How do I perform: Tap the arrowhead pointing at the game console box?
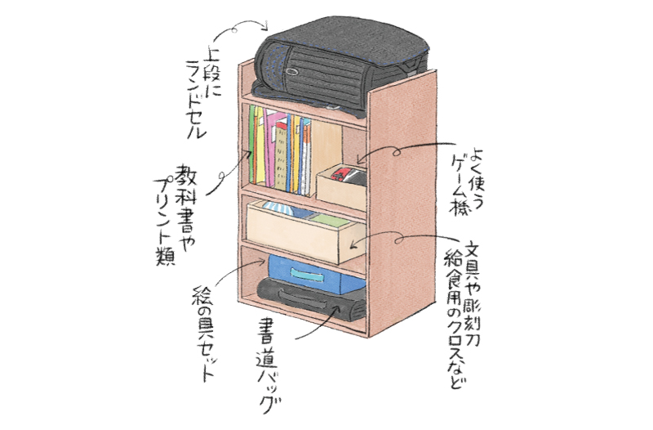[x=361, y=158]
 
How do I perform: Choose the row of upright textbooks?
[x=282, y=147]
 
